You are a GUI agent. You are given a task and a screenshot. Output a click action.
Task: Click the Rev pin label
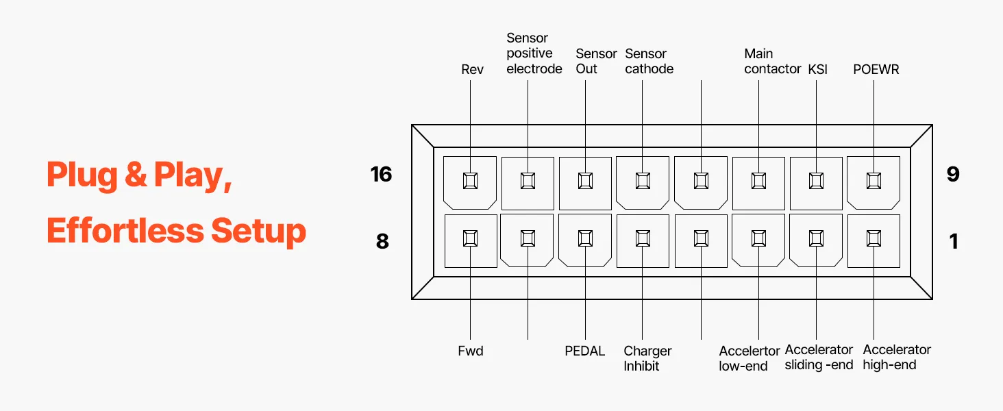click(472, 69)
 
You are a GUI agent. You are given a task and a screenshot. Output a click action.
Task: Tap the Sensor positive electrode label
click(534, 53)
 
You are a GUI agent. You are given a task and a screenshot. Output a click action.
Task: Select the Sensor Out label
click(596, 61)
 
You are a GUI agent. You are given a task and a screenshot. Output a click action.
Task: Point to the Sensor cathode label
click(649, 61)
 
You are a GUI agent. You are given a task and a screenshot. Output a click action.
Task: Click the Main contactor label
click(772, 61)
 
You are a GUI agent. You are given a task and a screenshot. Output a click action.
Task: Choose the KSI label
click(817, 69)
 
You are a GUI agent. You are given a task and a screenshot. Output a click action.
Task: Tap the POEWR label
click(876, 69)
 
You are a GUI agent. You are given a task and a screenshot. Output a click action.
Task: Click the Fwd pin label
click(471, 351)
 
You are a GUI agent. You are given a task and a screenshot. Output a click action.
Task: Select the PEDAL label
click(584, 351)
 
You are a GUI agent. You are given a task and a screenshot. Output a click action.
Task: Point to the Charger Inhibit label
click(647, 358)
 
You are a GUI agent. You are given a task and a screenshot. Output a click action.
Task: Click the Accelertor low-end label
click(750, 358)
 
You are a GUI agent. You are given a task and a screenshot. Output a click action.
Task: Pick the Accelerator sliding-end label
click(819, 357)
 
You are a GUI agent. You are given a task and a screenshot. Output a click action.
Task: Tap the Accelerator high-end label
click(896, 357)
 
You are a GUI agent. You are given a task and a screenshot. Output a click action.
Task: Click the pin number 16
click(381, 174)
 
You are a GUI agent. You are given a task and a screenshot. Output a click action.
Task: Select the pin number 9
click(952, 174)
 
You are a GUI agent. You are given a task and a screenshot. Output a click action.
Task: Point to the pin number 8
click(382, 241)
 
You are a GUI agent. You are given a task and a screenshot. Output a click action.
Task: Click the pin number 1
click(953, 241)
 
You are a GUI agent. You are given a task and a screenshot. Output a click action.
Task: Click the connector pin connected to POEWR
click(874, 181)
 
